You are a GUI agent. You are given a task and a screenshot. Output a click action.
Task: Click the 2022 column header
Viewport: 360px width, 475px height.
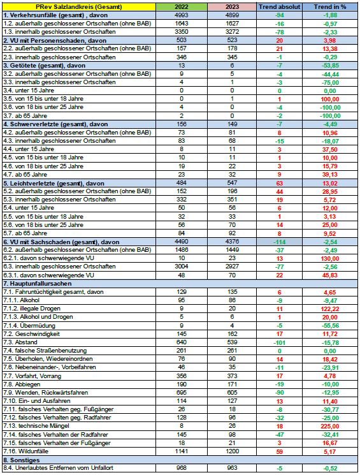click(182, 6)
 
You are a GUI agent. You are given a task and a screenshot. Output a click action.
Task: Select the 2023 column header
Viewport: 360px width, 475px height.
click(232, 6)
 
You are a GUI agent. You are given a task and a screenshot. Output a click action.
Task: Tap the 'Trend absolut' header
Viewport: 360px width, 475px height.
click(279, 6)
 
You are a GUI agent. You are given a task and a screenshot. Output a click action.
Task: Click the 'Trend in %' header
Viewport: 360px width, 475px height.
click(330, 6)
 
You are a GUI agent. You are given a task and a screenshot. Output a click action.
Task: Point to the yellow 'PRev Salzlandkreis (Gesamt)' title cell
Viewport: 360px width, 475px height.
click(79, 6)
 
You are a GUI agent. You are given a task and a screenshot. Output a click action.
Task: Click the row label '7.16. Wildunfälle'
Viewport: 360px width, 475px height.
click(25, 451)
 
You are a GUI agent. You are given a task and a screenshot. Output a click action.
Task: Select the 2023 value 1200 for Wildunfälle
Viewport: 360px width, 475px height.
click(232, 451)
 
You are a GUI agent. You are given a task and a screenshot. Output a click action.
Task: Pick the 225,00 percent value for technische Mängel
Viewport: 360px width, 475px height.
click(330, 427)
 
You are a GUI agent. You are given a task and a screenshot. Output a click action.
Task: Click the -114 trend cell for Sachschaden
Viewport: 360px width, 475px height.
click(279, 242)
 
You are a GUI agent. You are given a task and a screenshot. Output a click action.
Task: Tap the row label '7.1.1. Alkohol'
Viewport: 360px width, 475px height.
click(22, 300)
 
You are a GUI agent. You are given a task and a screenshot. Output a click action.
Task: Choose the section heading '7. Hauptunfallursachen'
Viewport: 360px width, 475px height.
click(37, 284)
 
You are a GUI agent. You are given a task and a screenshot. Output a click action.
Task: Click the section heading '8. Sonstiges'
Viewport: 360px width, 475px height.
click(22, 460)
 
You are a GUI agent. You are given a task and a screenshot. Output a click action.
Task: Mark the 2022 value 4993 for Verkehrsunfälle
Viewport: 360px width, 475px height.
click(182, 15)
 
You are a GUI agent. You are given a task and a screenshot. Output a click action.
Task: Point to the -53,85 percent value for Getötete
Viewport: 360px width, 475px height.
click(330, 66)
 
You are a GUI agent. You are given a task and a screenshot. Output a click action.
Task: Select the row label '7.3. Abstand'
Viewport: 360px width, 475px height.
click(20, 342)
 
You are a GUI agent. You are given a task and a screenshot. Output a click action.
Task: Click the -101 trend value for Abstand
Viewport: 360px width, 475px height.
click(279, 342)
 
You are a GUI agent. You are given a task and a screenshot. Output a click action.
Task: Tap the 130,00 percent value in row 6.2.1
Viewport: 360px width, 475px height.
click(330, 259)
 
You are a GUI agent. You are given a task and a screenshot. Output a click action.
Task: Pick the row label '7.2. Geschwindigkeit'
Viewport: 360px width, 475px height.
click(31, 334)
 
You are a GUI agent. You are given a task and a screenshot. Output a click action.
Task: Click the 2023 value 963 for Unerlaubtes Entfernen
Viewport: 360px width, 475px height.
click(232, 468)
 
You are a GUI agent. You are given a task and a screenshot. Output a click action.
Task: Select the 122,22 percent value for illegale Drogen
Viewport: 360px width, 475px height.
click(330, 309)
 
